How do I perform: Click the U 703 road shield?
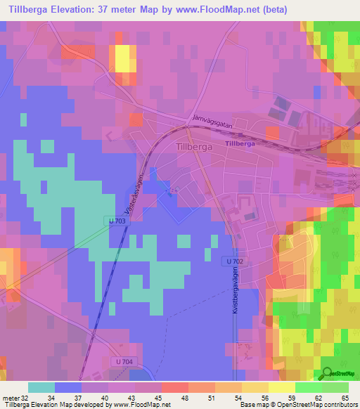[x=119, y=221]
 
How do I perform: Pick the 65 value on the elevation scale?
[x=345, y=397]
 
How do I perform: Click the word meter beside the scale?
[x=11, y=397]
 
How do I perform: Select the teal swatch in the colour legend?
[x=41, y=387]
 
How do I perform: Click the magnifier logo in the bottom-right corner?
[x=328, y=372]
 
